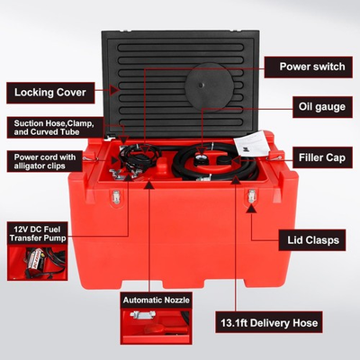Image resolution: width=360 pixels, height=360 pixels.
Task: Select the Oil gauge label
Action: (319, 106)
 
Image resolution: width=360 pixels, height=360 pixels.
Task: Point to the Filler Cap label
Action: (322, 157)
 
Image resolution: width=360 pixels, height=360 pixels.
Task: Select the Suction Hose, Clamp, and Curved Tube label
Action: (54, 126)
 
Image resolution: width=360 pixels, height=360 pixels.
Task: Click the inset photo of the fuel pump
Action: (32, 262)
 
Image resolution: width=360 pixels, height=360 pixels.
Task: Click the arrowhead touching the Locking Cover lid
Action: (114, 89)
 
